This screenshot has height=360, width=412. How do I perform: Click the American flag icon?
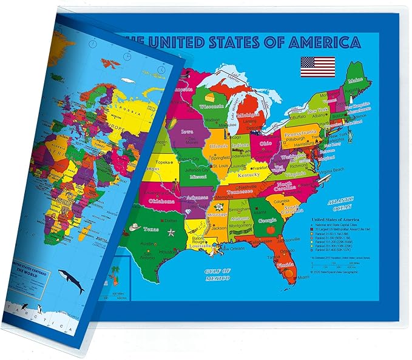pos(317,65)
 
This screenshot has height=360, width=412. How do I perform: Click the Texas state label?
pos(150,230)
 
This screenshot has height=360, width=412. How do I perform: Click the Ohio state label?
pos(266,144)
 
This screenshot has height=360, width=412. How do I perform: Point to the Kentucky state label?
pos(248,175)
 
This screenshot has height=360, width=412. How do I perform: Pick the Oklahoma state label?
pos(160,201)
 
